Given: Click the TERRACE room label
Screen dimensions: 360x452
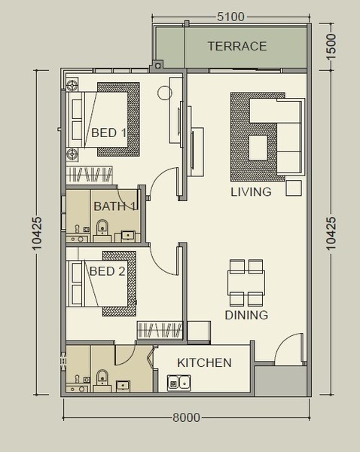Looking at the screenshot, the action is point(237,46).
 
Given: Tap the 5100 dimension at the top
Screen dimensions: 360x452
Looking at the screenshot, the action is point(230,17).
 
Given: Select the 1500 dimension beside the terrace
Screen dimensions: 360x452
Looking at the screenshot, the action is point(331,47).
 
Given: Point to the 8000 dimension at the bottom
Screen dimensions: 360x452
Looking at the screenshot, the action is point(186,417).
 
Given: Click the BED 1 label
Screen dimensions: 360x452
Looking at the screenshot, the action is point(108,133).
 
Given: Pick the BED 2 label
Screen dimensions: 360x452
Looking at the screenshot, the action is point(107,271).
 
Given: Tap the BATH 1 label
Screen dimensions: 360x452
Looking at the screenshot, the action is point(114,206).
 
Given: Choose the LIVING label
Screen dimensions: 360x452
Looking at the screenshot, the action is point(251,192).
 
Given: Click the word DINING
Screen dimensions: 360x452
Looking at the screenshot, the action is point(246,315).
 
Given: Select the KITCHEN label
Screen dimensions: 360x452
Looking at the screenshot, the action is point(204,363).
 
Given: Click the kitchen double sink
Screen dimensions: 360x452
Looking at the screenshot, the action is point(179,383).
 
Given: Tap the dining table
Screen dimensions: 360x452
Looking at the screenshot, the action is point(246,282).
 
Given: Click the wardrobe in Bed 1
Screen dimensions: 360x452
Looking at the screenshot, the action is point(89,174).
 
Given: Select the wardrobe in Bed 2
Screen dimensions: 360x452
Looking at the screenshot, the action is point(160,329).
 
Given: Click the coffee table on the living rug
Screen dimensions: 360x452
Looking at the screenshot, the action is point(258,148).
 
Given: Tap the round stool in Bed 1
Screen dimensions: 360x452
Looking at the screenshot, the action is point(165,93).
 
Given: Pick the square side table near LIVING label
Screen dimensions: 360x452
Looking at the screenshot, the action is point(294,188).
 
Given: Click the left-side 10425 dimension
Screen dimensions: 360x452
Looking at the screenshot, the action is point(37,234).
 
